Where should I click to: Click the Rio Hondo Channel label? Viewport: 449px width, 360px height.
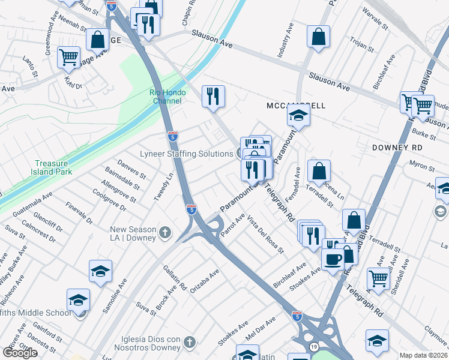[166, 97]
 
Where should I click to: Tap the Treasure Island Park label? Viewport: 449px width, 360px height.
[51, 167]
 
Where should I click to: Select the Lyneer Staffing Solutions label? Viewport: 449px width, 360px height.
[186, 154]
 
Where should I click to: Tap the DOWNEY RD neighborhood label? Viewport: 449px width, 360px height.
[397, 147]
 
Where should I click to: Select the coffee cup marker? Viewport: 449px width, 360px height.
[333, 259]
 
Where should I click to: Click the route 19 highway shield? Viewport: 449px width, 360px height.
[313, 347]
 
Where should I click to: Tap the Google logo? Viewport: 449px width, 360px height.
[20, 353]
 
